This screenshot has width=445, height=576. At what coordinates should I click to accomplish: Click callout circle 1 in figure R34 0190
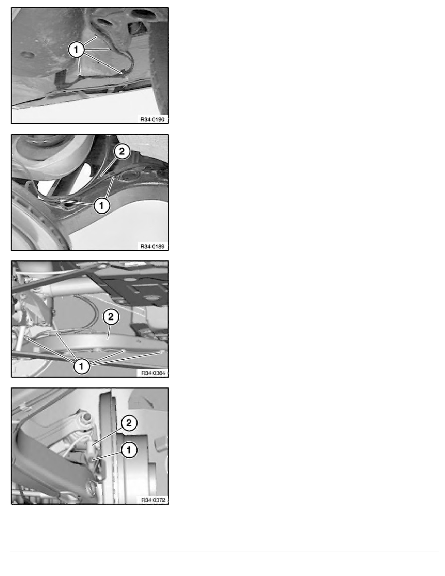tap(77, 49)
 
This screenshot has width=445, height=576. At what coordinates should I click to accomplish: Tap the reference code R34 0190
tap(152, 119)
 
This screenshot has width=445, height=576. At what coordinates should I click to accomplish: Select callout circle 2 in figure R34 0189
tap(122, 151)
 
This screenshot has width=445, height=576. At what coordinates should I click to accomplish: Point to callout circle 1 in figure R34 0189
tap(102, 206)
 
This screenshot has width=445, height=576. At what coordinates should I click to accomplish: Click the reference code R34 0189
tap(152, 246)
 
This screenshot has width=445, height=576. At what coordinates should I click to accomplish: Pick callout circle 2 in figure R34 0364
tap(111, 317)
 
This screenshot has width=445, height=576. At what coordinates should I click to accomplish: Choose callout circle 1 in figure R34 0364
tap(81, 366)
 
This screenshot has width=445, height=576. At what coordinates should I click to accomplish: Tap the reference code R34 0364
tap(153, 373)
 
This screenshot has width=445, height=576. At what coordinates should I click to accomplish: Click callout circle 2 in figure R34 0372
tap(129, 423)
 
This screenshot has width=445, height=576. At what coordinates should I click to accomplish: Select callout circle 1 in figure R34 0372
tap(129, 450)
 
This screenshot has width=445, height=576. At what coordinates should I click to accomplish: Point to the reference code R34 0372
tap(153, 500)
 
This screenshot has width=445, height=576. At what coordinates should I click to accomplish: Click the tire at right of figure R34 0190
tap(159, 63)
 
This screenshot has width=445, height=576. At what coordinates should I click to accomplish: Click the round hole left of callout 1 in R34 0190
tap(28, 55)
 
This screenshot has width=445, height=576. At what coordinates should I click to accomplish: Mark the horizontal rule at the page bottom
tap(224, 551)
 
